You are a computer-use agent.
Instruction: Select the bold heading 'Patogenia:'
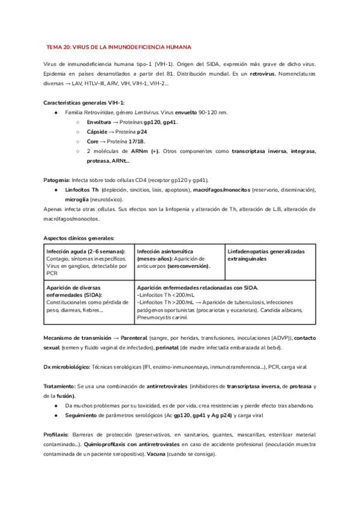(57, 179)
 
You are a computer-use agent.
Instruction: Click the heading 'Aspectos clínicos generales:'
(78, 238)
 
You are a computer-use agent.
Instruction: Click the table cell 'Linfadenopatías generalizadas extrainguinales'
(265, 254)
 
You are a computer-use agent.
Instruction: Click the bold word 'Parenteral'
(137, 338)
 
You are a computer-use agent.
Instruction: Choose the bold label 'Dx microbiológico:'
(67, 367)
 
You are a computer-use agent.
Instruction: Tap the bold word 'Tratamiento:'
(60, 387)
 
